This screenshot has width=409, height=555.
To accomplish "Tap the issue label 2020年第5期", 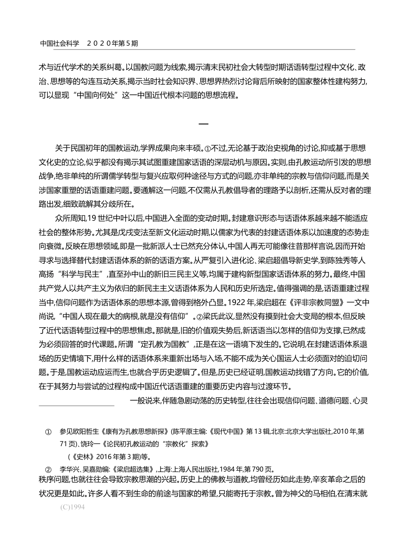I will [112, 43].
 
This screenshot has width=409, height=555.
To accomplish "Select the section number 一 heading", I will [204, 124].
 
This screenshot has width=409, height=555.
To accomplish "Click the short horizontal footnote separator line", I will [77, 405].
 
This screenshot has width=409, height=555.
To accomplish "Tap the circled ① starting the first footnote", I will [48, 432].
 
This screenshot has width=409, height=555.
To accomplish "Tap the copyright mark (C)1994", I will [73, 507].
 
